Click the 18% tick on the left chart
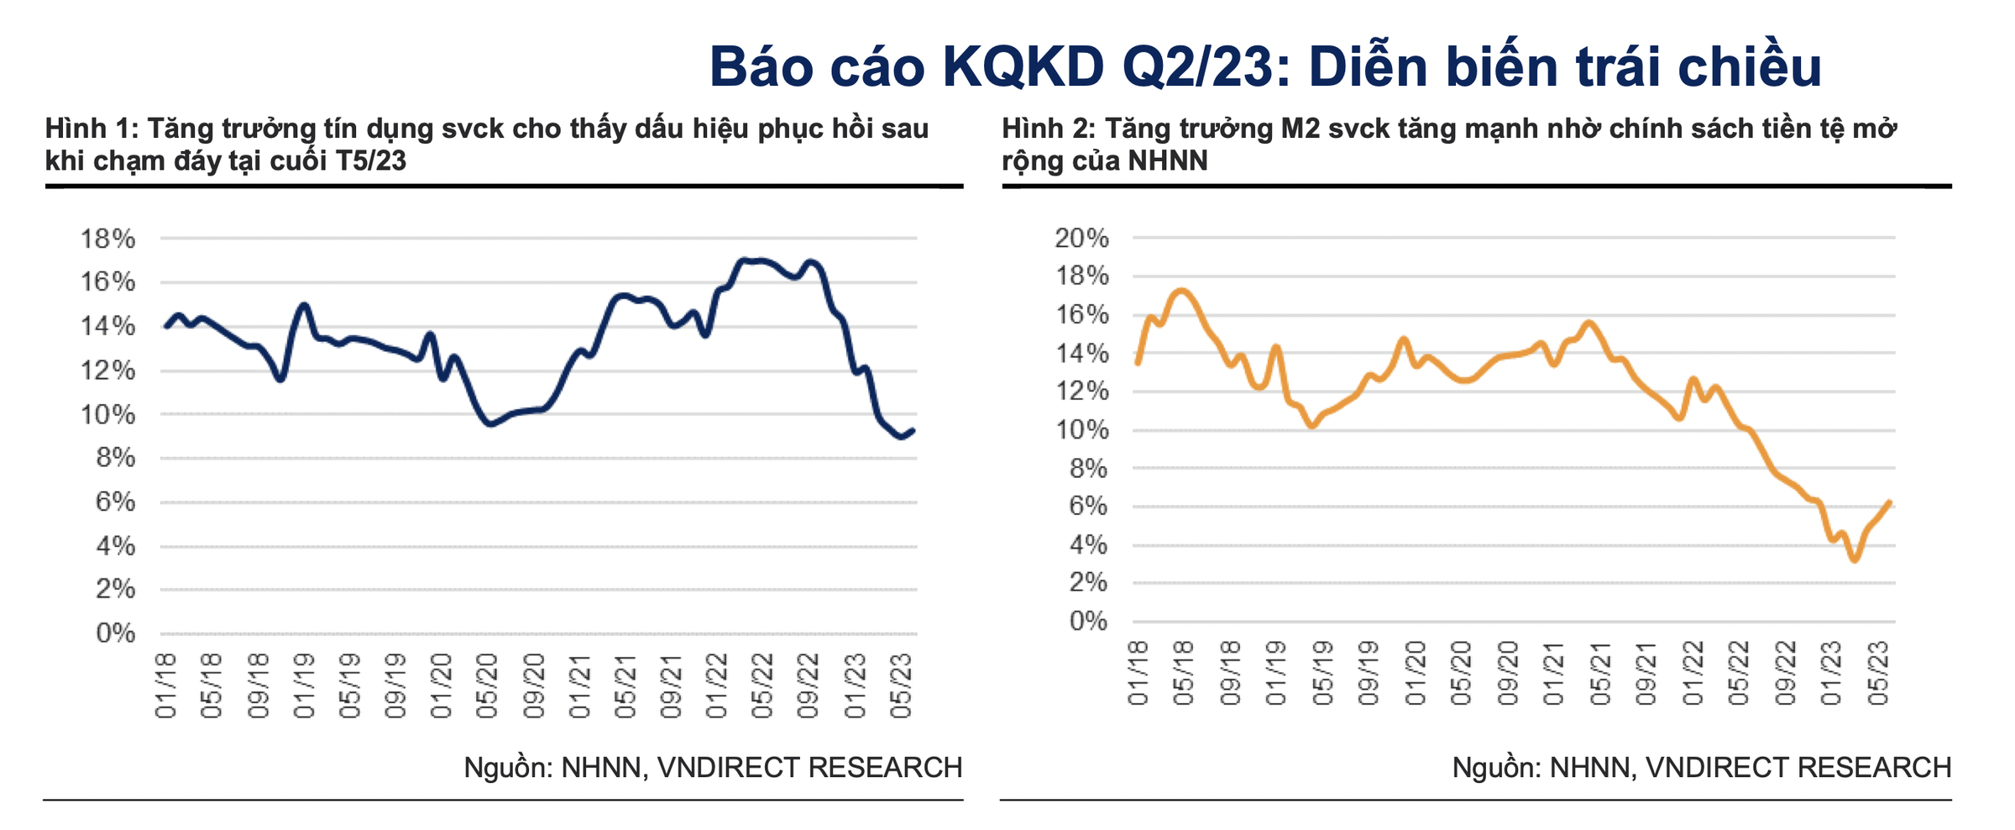pos(107,239)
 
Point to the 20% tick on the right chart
pos(1082,239)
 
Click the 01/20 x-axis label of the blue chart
pos(441,686)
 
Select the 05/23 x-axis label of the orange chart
pos(1878,674)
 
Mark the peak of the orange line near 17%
pos(1181,291)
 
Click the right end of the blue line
pos(913,430)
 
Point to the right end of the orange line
pos(1889,502)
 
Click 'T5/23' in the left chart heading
pos(370,160)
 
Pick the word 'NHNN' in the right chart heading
pos(1168,160)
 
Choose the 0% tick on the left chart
pos(116,633)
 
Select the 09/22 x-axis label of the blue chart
pos(808,686)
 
